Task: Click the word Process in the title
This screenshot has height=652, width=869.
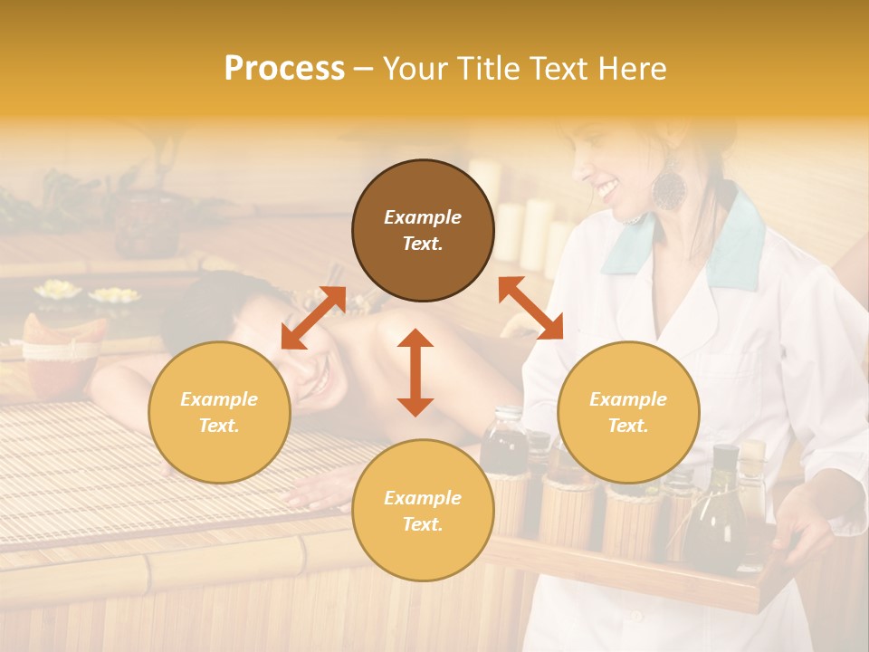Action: (x=284, y=69)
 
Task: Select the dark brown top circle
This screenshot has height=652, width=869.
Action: (x=423, y=230)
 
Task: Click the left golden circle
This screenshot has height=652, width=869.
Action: (x=219, y=412)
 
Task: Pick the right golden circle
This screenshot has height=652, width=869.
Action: (x=628, y=412)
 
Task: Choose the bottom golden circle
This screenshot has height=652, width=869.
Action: (x=423, y=510)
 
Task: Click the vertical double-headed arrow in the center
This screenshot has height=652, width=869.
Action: (x=415, y=372)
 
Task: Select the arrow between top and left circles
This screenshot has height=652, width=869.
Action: (x=313, y=318)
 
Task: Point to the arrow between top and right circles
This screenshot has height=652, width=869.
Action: (x=530, y=308)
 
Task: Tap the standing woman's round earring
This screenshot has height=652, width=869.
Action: (x=670, y=187)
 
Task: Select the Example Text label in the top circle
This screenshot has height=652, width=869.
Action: (x=423, y=230)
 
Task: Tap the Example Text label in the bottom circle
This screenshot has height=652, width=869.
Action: (x=423, y=511)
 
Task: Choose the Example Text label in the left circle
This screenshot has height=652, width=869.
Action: (x=219, y=412)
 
